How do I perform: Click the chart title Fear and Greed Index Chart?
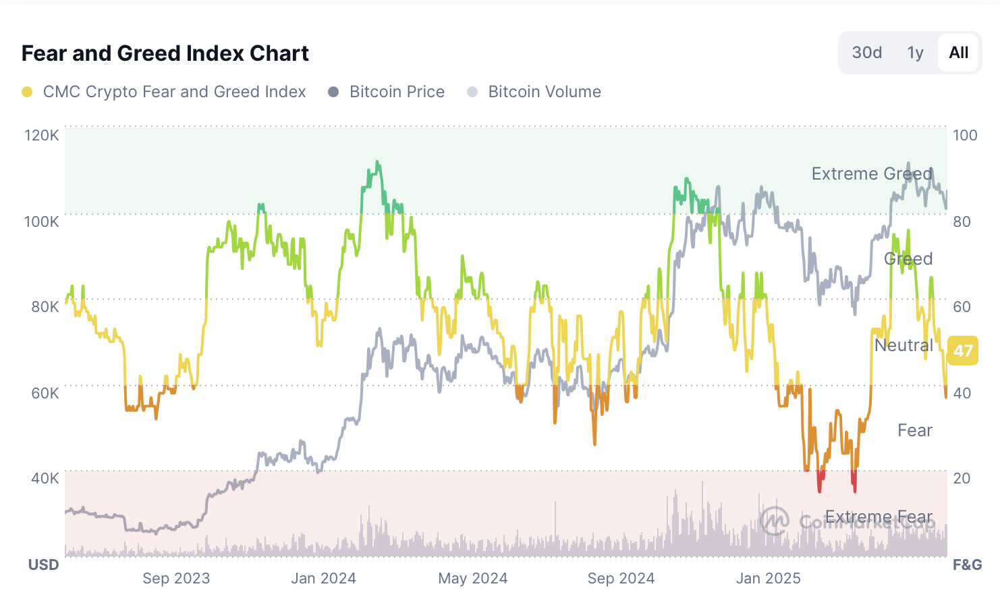tap(165, 53)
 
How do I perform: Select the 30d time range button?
tap(866, 53)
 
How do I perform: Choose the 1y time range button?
tap(915, 53)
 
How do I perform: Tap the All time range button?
tap(958, 53)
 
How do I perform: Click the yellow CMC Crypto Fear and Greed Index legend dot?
tap(27, 92)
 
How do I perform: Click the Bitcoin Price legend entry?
tap(396, 92)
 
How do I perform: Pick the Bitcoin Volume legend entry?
tap(544, 92)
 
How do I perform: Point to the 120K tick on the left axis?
tap(42, 135)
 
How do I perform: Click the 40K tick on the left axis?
tap(45, 478)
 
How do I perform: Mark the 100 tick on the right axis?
tap(965, 135)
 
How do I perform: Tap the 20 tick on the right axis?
tap(962, 478)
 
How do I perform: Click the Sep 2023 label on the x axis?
tap(176, 579)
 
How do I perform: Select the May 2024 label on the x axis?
tap(472, 579)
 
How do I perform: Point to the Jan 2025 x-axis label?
tap(768, 579)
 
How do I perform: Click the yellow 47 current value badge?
tap(962, 350)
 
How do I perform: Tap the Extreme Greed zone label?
tap(871, 174)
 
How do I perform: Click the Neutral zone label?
tap(904, 346)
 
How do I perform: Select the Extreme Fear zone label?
tap(879, 517)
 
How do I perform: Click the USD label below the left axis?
tap(44, 565)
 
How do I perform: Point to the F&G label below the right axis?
tap(967, 565)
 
